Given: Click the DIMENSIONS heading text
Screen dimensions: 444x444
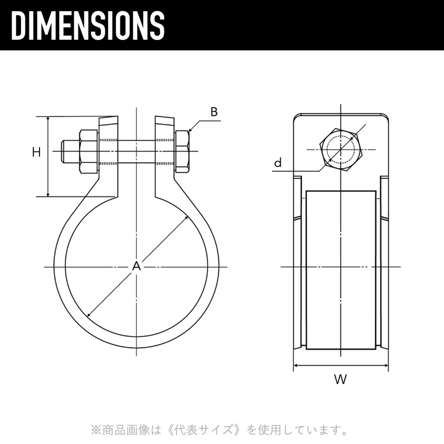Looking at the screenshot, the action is click(x=88, y=26).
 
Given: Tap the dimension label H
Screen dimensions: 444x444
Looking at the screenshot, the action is click(x=36, y=152).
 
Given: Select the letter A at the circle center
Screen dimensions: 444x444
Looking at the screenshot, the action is click(x=137, y=266).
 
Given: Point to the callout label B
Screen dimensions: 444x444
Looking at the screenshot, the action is click(x=214, y=112).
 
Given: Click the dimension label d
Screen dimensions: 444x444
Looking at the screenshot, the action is click(x=278, y=163).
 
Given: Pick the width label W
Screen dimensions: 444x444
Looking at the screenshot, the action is click(x=340, y=379).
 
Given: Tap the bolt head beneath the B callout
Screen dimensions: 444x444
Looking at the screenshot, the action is click(x=183, y=152).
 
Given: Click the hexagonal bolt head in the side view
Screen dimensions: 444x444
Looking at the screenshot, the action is click(x=341, y=149).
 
